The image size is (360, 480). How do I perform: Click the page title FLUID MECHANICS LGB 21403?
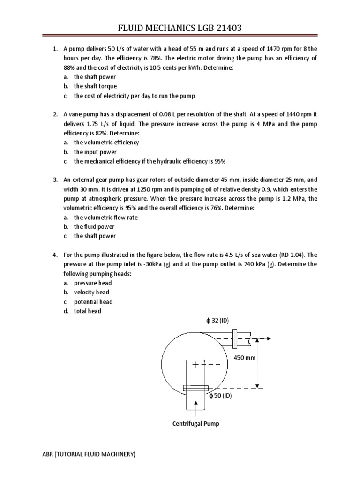180,30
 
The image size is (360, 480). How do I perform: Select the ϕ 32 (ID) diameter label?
215,321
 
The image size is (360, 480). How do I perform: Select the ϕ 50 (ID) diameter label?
223,395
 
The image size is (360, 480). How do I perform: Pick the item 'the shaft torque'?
95,86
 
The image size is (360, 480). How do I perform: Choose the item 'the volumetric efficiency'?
106,142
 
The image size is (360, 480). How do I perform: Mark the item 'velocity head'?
91,292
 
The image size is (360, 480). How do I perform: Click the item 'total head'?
87,311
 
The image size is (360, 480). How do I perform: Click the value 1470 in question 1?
272,49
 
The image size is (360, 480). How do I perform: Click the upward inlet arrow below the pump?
195,411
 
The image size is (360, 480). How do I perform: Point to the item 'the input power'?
95,152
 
